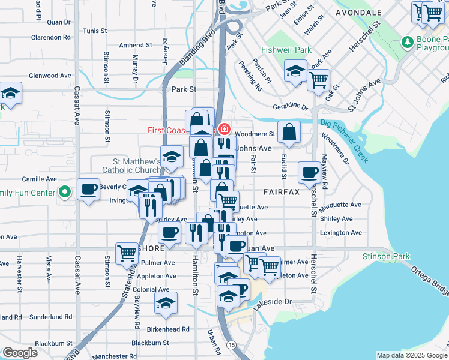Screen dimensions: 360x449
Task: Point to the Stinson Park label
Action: (386, 257)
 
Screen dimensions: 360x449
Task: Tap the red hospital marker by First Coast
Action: (224, 129)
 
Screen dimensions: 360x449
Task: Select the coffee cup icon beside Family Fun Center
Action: (89, 190)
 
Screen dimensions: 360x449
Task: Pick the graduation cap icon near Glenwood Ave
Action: (10, 93)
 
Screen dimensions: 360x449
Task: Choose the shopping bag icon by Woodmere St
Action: (289, 133)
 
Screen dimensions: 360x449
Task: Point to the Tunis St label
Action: (95, 31)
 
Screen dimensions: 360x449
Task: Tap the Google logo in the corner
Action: (20, 353)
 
